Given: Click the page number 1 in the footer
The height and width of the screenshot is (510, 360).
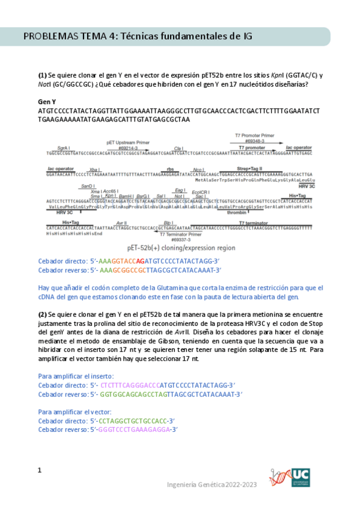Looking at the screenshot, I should pos(40,470).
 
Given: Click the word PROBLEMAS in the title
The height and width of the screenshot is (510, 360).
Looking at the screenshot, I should pos(50,37).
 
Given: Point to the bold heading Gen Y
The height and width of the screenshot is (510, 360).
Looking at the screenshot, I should pos(46,102).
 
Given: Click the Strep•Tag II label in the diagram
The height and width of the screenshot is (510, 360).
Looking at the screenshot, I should pos(250,168).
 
